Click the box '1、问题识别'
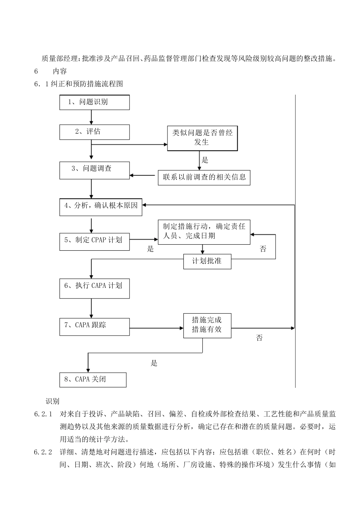94,102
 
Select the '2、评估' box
94,132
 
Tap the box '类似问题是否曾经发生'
202,138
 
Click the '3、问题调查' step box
94,170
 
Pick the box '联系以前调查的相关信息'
204,177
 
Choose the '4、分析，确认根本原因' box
101,207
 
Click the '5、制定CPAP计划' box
94,242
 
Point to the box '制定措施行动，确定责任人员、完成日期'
204,231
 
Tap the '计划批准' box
207,261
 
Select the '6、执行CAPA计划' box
94,288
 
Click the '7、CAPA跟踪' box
94,326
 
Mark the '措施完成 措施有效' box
207,325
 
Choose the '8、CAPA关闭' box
93,379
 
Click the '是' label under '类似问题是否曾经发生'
205,160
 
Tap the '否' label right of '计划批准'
263,249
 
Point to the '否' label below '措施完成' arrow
259,338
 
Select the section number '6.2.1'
43,414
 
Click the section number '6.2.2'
43,452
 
